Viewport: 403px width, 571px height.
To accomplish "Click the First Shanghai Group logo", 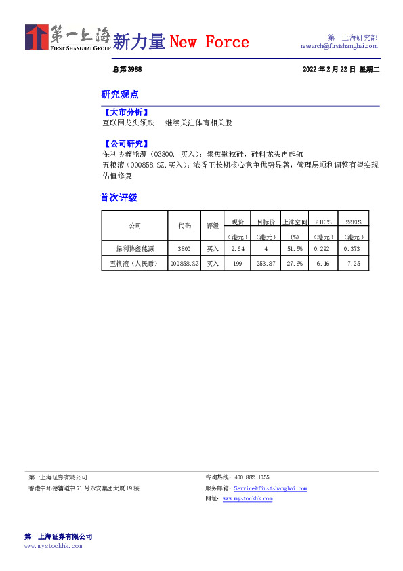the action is (67, 38).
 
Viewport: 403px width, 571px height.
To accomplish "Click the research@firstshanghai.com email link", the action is (339, 46).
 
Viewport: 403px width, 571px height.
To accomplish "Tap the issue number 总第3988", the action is (127, 70).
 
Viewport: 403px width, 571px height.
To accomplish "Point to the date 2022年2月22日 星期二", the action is (341, 70).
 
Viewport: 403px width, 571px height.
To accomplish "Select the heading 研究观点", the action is (120, 94).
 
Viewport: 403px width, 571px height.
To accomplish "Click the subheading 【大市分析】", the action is (125, 113).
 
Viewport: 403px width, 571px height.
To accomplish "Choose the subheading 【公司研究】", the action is (125, 144).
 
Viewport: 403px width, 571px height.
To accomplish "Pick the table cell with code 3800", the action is (184, 250).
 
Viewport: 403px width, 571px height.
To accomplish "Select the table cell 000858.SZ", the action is (184, 263).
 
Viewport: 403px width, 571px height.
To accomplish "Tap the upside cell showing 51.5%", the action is (295, 250).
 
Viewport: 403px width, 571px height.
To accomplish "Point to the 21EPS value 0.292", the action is (323, 250).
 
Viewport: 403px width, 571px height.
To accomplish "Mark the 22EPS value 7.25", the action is (354, 263).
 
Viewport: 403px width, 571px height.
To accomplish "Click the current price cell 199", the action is (237, 263).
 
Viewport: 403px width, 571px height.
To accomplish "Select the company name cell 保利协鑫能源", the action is (134, 250).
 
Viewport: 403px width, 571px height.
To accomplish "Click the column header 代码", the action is (184, 225).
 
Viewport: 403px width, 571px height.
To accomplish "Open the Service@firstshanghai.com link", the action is (270, 488).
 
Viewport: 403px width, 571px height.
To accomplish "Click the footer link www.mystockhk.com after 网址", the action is (247, 498).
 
